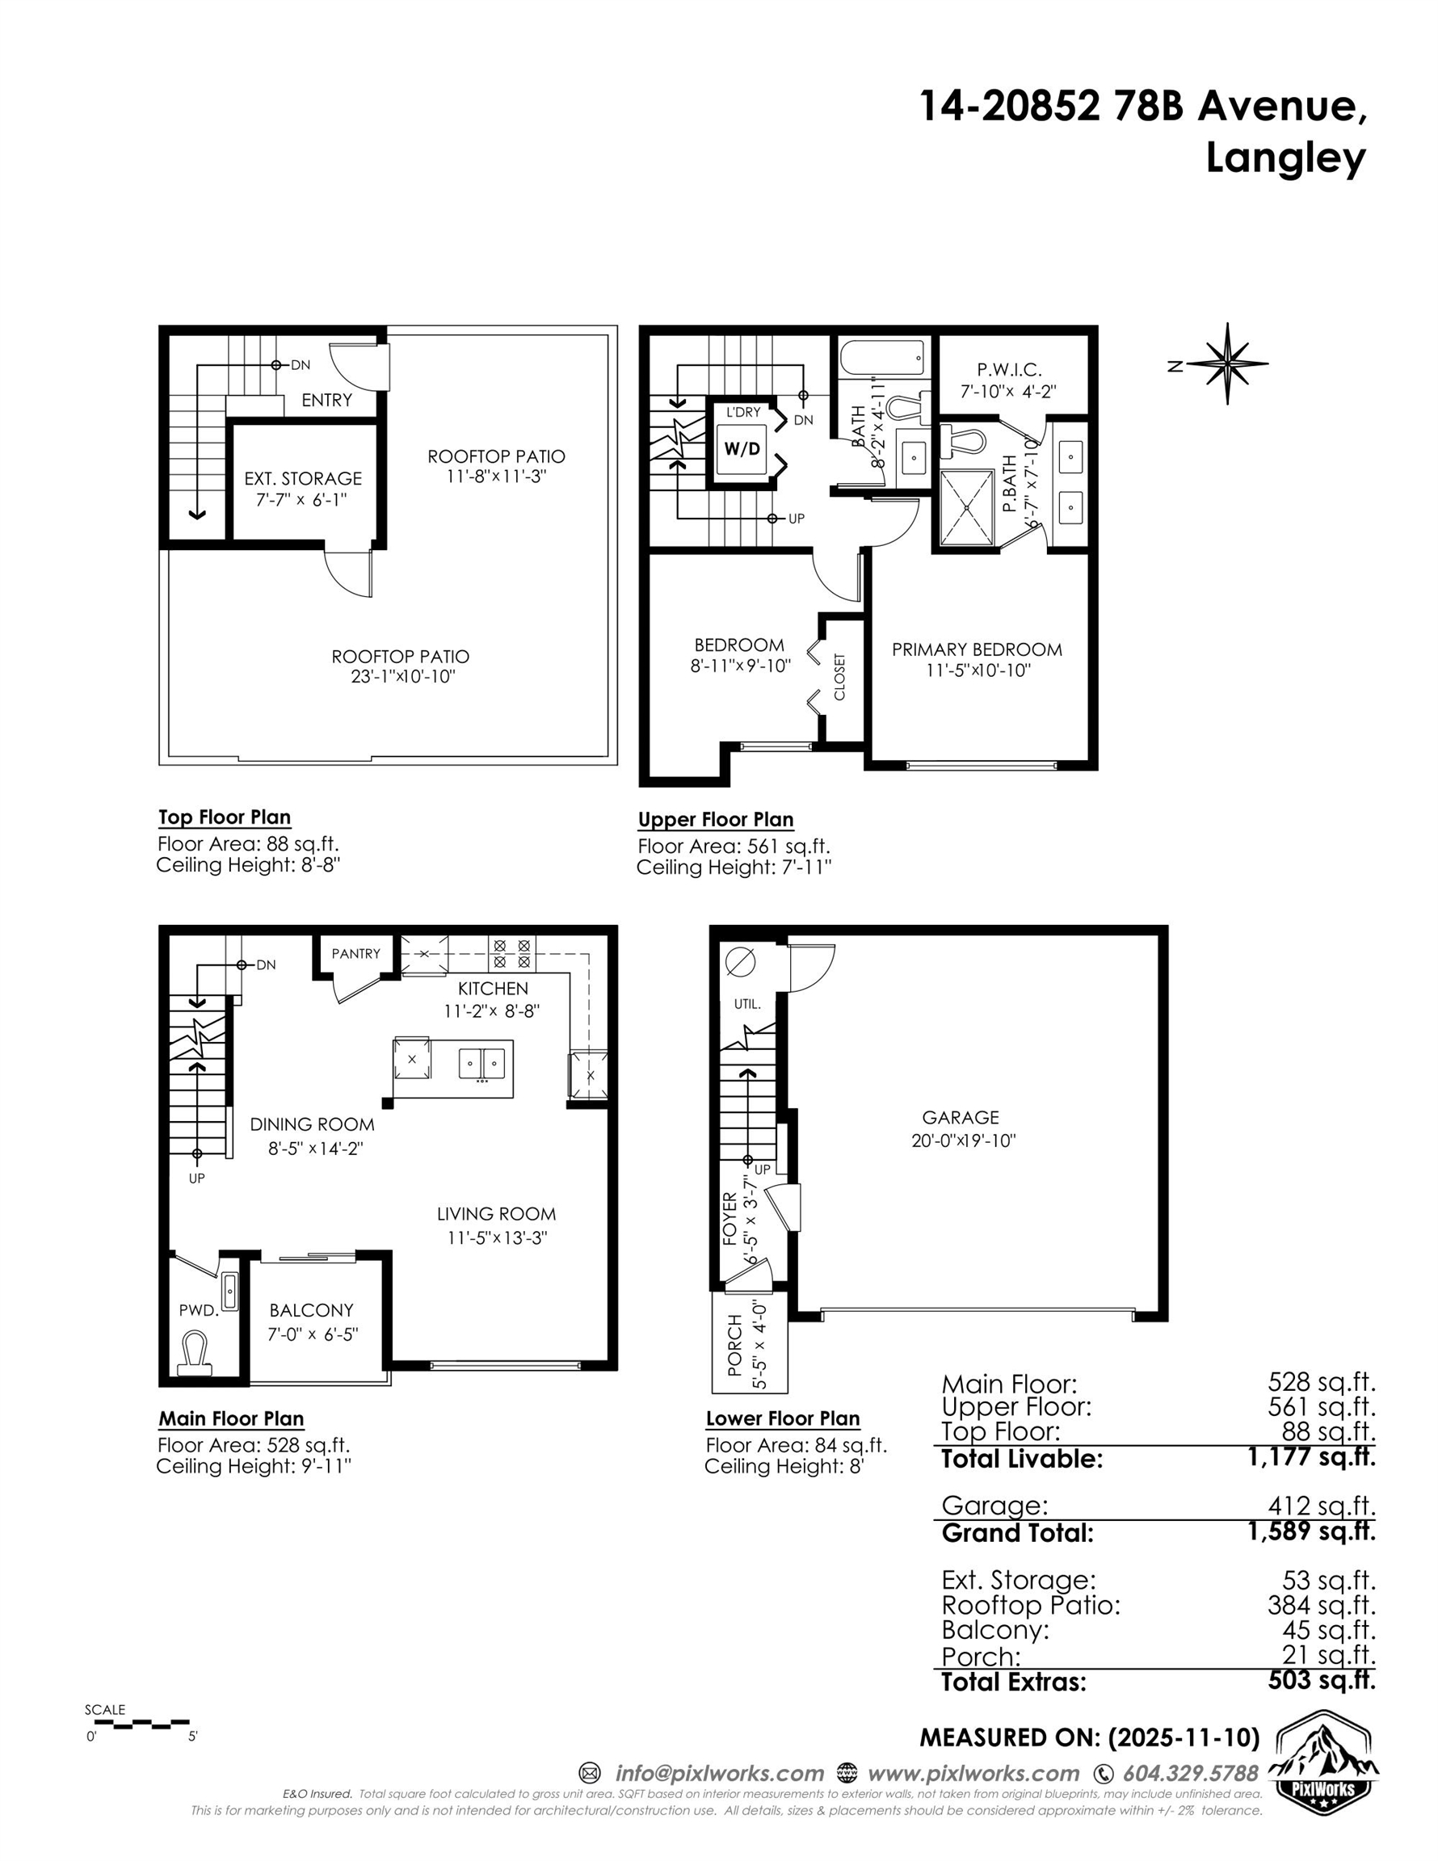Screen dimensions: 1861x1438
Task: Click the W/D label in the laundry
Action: click(x=741, y=448)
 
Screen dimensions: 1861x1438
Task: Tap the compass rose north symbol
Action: click(x=1226, y=363)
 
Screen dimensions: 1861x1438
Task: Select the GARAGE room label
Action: click(x=960, y=1117)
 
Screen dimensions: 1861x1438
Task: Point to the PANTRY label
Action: click(x=355, y=953)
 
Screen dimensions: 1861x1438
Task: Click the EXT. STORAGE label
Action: click(x=303, y=479)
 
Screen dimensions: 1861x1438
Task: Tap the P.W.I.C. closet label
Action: click(x=1008, y=370)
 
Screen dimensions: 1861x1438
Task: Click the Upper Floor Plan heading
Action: click(x=715, y=820)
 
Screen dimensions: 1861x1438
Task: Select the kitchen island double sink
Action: click(x=481, y=1064)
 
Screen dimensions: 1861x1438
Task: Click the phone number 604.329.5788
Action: click(x=1190, y=1773)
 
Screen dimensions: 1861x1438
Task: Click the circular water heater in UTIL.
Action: click(x=739, y=963)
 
